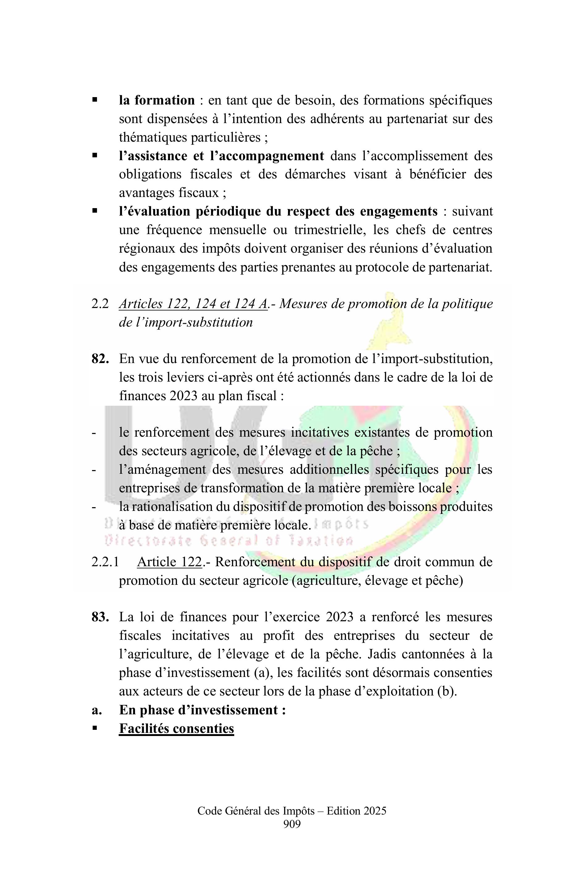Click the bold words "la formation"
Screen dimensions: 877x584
(157, 100)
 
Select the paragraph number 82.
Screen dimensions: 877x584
(100, 359)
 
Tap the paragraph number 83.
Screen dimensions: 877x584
(100, 617)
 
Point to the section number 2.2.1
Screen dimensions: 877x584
(105, 562)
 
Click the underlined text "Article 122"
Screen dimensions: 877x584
(169, 562)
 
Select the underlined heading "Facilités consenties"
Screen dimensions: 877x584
(176, 728)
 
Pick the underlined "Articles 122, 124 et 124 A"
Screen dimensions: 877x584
(193, 304)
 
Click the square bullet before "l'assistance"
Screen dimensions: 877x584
(95, 156)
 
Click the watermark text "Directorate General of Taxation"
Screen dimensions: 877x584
(229, 540)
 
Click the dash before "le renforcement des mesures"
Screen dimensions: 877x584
(94, 433)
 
